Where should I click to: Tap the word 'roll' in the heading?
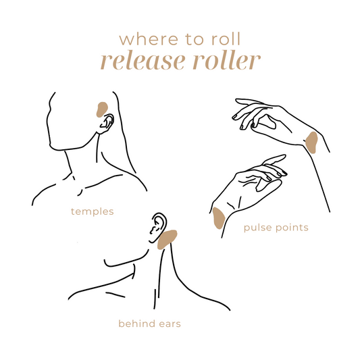pos(226,38)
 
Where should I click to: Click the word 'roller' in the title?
pos(227,60)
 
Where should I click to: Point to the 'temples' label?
pos(93,211)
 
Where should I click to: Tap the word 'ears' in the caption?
pos(170,324)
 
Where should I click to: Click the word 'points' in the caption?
pos(292,228)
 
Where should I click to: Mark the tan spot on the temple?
pos(102,109)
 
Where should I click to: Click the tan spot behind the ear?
pos(167,239)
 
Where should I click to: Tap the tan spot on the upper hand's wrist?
pos(312,143)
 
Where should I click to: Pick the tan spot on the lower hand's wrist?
pos(218,218)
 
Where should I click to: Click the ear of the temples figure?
pos(106,124)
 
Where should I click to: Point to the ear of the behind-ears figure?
pos(157,228)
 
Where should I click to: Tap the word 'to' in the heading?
pos(195,39)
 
